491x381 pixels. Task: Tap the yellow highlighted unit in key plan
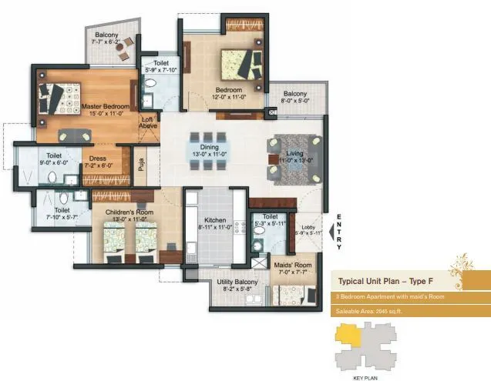click(351, 336)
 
